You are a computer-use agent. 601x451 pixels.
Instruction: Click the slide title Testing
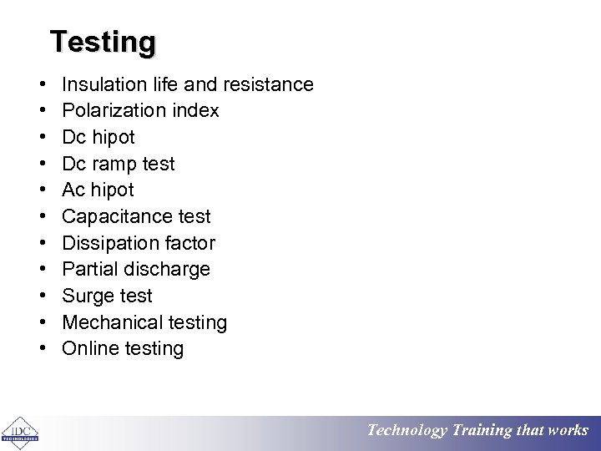coord(103,42)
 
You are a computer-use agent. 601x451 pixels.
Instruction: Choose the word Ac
coord(73,190)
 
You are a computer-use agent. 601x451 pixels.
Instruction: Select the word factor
coord(190,244)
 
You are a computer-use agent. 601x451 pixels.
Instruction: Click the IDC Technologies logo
coord(20,430)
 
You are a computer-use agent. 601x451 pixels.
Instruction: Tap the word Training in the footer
coord(481,431)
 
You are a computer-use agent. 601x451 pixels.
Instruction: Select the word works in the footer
coord(568,431)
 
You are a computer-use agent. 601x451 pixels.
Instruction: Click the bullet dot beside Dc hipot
coord(42,138)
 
